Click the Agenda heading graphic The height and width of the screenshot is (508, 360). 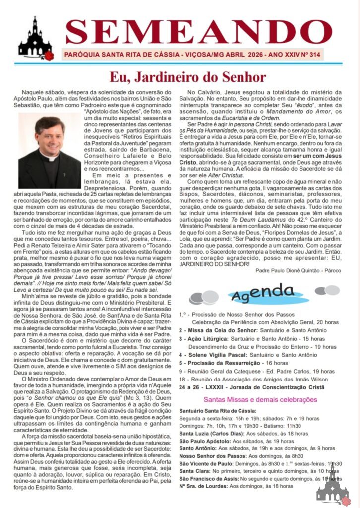coord(262,295)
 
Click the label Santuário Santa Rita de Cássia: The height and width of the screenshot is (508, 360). coord(218,411)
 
